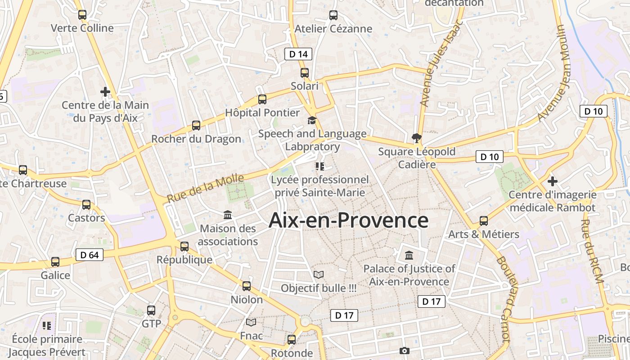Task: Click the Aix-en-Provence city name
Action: (x=348, y=220)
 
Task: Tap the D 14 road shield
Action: (x=298, y=54)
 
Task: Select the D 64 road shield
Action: (x=89, y=255)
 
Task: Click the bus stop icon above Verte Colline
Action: (x=82, y=15)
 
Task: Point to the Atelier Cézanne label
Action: (x=333, y=29)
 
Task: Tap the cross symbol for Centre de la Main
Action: (x=105, y=92)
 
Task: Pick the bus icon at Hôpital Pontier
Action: (x=262, y=99)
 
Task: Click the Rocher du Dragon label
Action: (x=196, y=139)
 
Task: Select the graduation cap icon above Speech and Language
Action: (x=312, y=120)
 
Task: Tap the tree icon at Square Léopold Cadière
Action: (x=417, y=138)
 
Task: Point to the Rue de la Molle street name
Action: (x=206, y=188)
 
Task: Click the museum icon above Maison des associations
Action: (x=228, y=215)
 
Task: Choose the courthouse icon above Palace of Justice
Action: (x=409, y=256)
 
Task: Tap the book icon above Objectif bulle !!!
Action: (x=319, y=274)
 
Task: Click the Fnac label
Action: (x=251, y=336)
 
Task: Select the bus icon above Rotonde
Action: (x=292, y=339)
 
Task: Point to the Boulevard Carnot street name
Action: (x=504, y=299)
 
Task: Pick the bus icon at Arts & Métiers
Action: (x=484, y=221)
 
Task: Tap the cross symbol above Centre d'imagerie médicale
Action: (x=553, y=181)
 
